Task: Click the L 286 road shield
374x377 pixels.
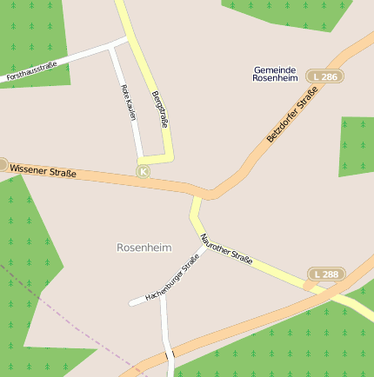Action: tap(325, 77)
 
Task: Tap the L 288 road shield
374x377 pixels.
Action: tap(326, 274)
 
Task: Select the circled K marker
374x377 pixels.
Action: tap(144, 172)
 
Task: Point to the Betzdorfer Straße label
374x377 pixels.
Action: tap(291, 121)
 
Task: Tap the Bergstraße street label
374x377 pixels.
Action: tap(158, 109)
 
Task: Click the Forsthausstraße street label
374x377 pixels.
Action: tap(31, 71)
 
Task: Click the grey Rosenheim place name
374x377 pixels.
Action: tap(144, 248)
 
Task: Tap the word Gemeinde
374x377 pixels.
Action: tap(276, 69)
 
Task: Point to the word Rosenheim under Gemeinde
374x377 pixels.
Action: tap(276, 78)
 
